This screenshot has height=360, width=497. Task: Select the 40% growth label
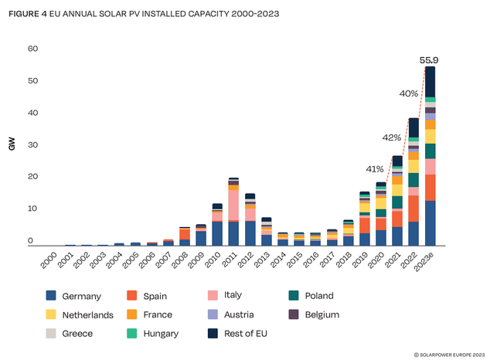(x=409, y=93)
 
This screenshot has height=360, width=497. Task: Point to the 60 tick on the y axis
(x=32, y=49)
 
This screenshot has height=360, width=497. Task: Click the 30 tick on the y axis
(x=32, y=145)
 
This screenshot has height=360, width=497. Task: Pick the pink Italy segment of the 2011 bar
(x=233, y=205)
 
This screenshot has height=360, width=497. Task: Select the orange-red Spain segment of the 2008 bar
(x=185, y=234)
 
